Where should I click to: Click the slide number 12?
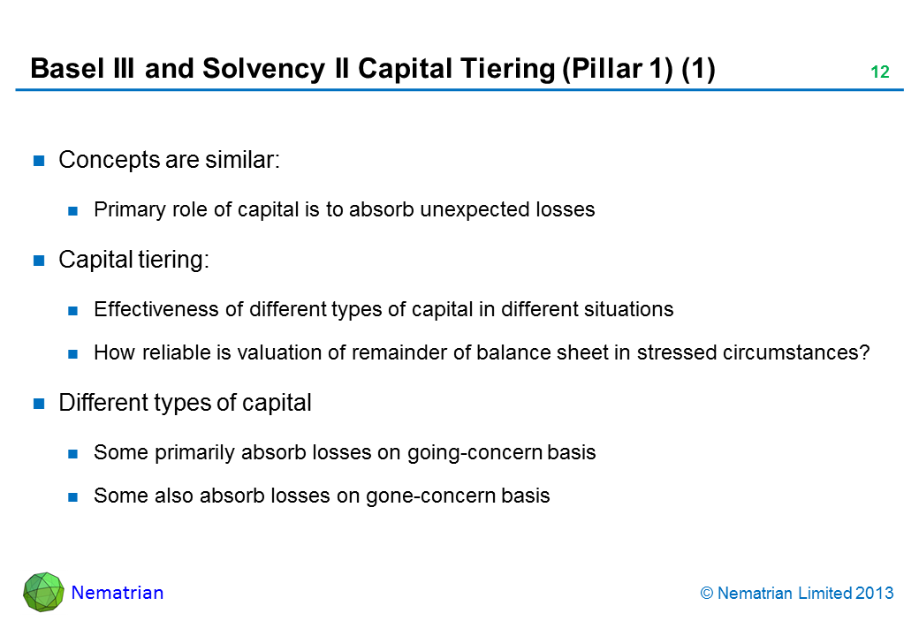pos(880,72)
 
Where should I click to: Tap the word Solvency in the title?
pos(263,70)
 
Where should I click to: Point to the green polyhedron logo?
pos(43,592)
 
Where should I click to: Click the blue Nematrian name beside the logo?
pos(118,593)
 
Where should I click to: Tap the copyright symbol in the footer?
pos(707,594)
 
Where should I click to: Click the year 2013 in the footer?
pos(875,594)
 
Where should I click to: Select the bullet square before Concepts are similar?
pos(39,161)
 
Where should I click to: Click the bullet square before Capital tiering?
pos(39,261)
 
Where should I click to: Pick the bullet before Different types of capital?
pos(39,404)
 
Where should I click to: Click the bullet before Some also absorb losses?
pos(72,497)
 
